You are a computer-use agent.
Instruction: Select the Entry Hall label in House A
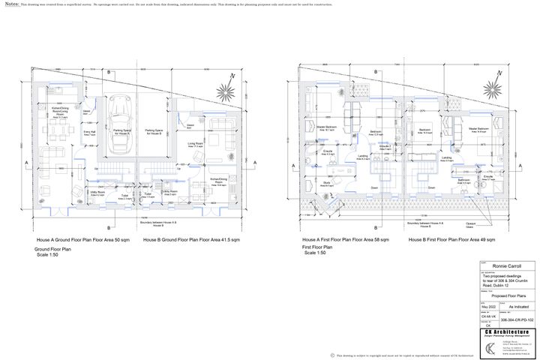tap(88, 133)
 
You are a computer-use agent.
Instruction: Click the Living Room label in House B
tap(196, 144)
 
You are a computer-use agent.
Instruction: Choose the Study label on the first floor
tap(327, 182)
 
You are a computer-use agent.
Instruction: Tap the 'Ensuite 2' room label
tap(383, 148)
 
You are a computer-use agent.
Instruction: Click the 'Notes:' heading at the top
tap(13, 4)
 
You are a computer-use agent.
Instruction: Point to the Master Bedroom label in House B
tap(478, 129)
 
